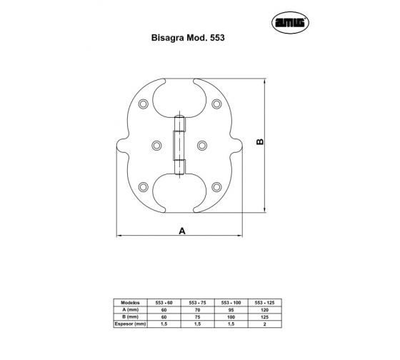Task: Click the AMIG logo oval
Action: point(290,22)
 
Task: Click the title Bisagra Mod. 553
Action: point(188,38)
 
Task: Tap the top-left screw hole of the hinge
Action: point(144,104)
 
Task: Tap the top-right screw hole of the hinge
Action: point(216,104)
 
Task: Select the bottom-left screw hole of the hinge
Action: point(144,187)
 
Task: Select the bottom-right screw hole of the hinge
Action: point(216,187)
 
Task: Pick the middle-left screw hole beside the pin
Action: point(156,146)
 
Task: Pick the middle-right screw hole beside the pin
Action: point(202,146)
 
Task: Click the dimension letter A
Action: point(182,231)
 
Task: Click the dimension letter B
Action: point(260,142)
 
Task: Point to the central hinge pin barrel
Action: point(179,146)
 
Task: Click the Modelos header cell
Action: point(130,303)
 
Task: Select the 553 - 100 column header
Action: point(231,303)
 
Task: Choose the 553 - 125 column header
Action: point(264,303)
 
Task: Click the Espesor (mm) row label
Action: point(130,324)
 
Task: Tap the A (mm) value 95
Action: point(231,310)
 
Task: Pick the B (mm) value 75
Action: point(197,317)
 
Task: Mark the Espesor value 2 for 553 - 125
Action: point(265,324)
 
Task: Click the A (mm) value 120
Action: point(265,310)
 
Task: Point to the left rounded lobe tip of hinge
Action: point(117,145)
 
